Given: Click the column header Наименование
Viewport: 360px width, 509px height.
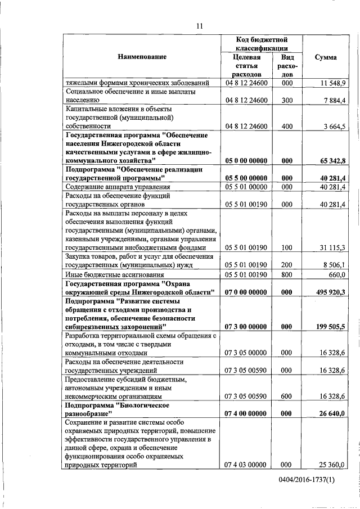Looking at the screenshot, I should coord(142,57).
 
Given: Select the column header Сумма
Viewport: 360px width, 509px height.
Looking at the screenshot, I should coord(326,57).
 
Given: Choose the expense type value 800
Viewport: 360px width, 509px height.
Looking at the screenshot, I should coord(287,274).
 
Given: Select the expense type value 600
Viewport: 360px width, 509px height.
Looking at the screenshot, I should coord(287,397).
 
